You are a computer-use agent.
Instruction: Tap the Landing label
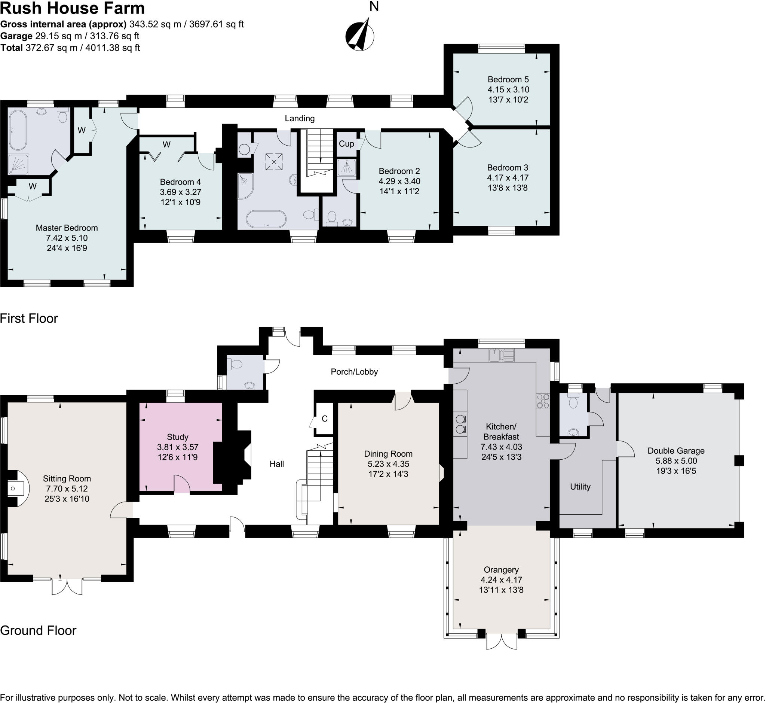click(300, 118)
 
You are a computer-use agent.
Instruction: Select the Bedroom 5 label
click(508, 79)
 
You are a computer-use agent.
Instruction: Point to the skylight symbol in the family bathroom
click(274, 162)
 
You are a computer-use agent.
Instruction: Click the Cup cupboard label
click(346, 144)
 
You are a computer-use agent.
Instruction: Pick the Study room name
click(178, 437)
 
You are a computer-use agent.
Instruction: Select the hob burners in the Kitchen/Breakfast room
click(543, 401)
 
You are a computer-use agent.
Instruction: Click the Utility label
click(580, 487)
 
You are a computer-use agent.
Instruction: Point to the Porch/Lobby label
click(354, 372)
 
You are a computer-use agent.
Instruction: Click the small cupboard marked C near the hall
click(324, 419)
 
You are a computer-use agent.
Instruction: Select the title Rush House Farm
click(72, 8)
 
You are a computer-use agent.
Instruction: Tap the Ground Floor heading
click(38, 630)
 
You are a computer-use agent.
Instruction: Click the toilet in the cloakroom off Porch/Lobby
click(235, 365)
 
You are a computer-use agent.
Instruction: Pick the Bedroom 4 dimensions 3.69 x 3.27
click(180, 192)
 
